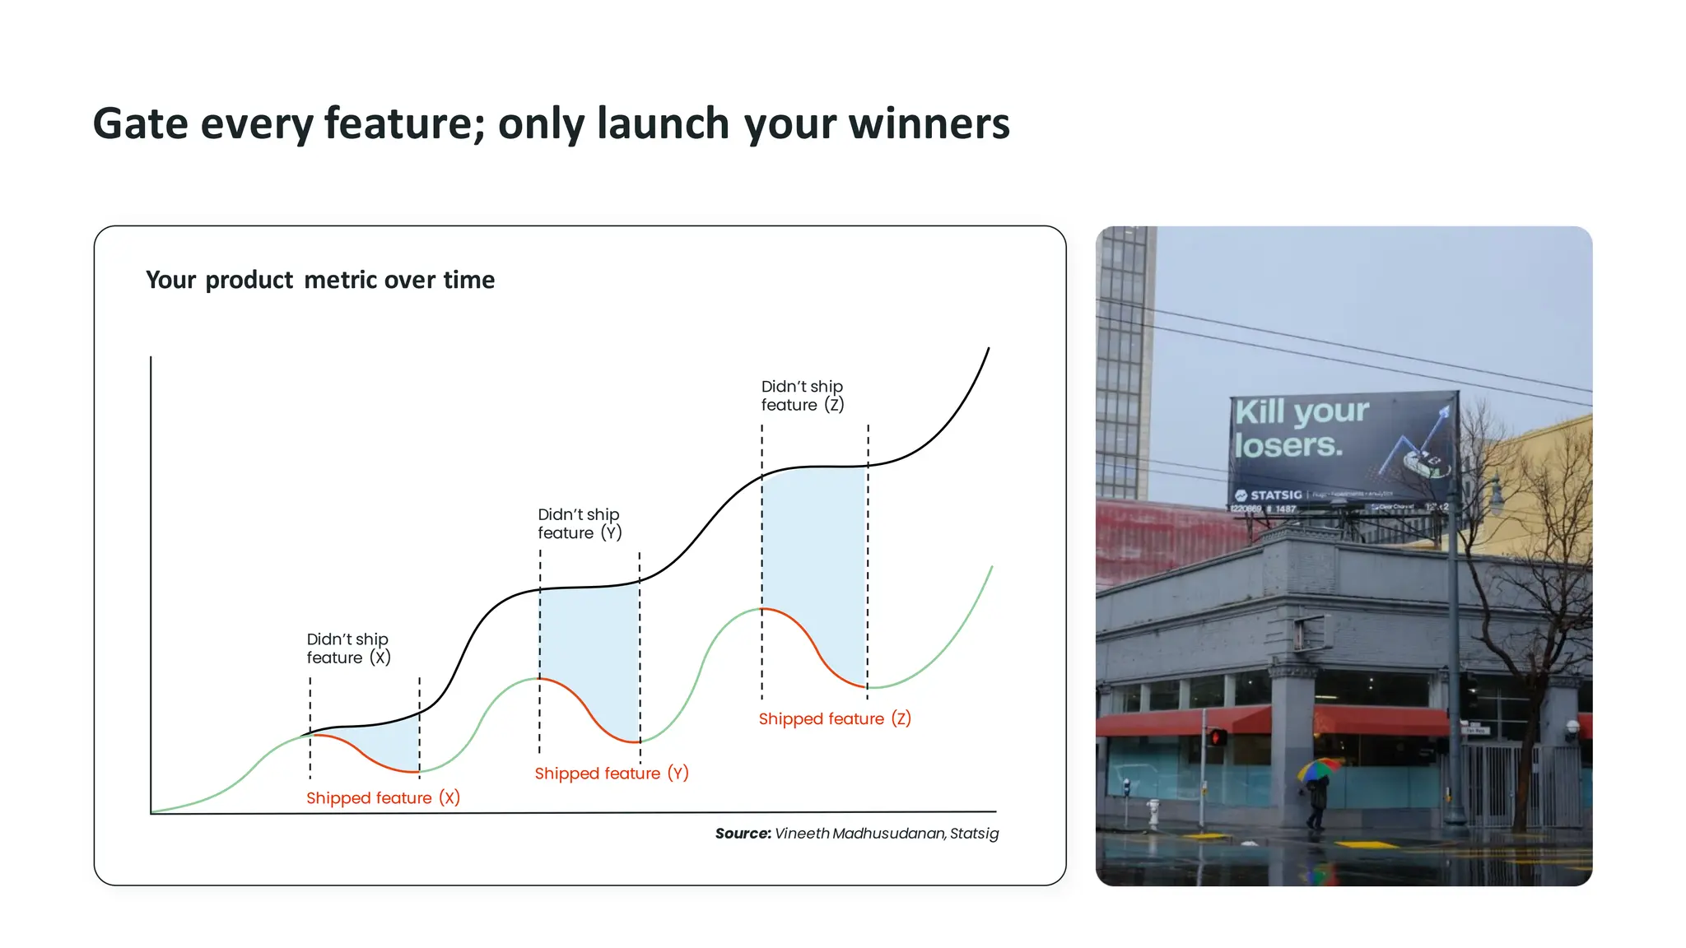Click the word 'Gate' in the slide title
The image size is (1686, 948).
pyautogui.click(x=140, y=124)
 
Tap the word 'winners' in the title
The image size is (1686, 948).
pyautogui.click(x=929, y=124)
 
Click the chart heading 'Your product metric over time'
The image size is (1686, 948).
pyautogui.click(x=320, y=280)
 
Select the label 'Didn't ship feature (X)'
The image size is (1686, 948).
pyautogui.click(x=348, y=648)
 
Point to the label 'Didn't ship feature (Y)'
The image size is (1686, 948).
pyautogui.click(x=579, y=523)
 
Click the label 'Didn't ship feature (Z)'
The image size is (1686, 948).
pyautogui.click(x=802, y=396)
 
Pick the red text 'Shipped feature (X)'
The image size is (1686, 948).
pyautogui.click(x=383, y=797)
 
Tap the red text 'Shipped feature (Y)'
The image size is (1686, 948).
pyautogui.click(x=611, y=773)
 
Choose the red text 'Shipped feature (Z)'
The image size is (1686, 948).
pyautogui.click(x=834, y=718)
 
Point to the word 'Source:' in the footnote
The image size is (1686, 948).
pyautogui.click(x=743, y=834)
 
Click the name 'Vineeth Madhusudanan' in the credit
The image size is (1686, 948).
pyautogui.click(x=859, y=834)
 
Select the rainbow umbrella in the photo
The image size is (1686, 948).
pyautogui.click(x=1319, y=769)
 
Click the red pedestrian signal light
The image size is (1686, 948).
pyautogui.click(x=1216, y=737)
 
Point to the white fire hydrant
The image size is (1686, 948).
pyautogui.click(x=1153, y=813)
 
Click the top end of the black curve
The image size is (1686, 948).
pyautogui.click(x=988, y=349)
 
